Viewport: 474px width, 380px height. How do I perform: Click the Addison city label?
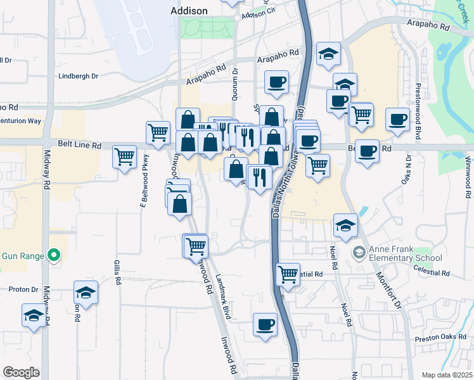tap(189, 11)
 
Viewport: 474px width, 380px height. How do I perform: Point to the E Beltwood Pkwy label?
tap(144, 180)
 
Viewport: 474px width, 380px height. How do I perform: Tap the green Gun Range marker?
tap(54, 256)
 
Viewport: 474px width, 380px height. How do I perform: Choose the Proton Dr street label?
tap(24, 289)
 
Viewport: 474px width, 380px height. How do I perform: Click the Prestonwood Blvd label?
tap(418, 112)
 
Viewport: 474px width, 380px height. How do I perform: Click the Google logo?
tap(21, 372)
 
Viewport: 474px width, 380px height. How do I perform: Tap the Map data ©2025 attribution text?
tap(447, 375)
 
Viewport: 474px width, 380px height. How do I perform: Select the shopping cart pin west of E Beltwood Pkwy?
tap(125, 156)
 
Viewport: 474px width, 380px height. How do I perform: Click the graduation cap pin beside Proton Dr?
tap(86, 292)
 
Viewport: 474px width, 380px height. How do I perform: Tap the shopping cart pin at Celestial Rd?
tap(288, 274)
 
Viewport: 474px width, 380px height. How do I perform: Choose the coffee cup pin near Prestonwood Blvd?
tap(398, 118)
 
